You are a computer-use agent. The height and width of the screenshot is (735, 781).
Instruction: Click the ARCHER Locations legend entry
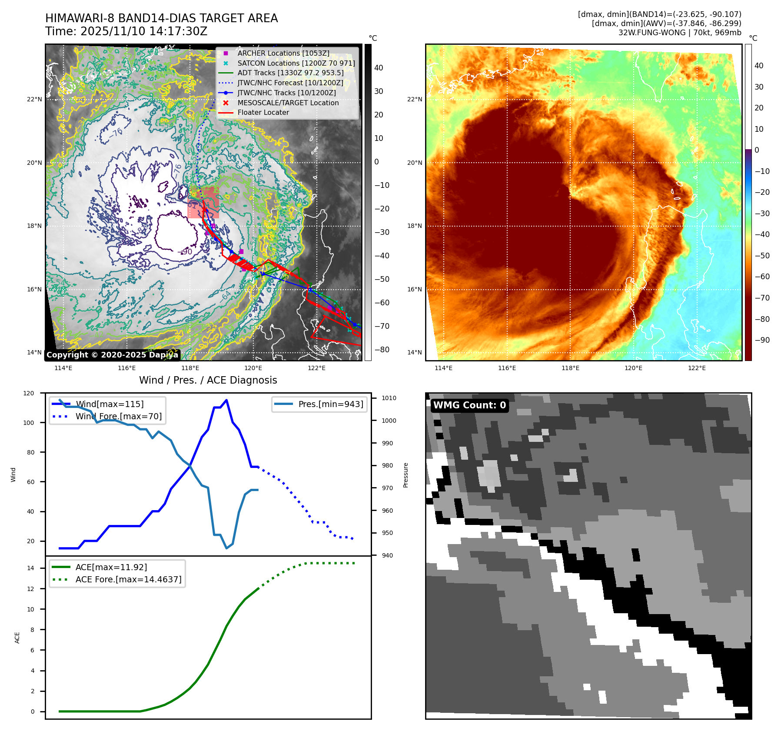tap(283, 53)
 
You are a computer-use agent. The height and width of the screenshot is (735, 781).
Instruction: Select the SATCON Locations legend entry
tap(296, 63)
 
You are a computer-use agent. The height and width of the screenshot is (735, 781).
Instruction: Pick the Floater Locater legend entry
tap(263, 112)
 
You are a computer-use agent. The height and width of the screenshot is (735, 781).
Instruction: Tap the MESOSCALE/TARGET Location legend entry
tap(288, 103)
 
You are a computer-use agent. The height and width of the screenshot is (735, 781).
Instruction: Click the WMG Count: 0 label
tap(469, 405)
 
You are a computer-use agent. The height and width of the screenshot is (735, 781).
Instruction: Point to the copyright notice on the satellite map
tap(112, 355)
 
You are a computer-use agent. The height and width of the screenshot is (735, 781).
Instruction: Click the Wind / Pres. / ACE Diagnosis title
tap(208, 380)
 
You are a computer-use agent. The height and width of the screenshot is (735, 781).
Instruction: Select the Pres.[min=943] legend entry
tap(330, 404)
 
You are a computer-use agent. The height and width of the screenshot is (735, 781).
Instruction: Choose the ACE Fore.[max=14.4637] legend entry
tap(128, 579)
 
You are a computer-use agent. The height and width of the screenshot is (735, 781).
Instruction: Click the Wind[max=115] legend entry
tap(109, 404)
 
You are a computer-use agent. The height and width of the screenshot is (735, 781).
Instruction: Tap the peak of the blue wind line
tap(226, 400)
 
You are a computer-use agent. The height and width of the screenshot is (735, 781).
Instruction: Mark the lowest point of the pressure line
tap(226, 548)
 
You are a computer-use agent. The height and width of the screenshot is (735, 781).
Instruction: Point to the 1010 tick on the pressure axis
tap(389, 398)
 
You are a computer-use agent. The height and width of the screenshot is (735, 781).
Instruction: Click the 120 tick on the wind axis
tap(29, 393)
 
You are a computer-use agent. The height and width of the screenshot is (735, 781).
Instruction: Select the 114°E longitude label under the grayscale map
tap(63, 368)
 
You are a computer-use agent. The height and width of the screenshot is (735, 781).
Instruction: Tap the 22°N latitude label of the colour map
tap(414, 99)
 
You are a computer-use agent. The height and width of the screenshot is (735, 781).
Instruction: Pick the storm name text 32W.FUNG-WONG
tap(652, 33)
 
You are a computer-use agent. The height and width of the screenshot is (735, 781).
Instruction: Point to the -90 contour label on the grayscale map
tap(186, 252)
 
